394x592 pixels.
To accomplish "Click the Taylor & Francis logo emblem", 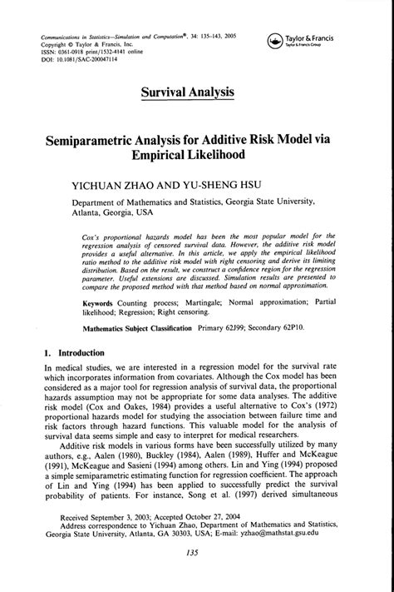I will tap(273, 42).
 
